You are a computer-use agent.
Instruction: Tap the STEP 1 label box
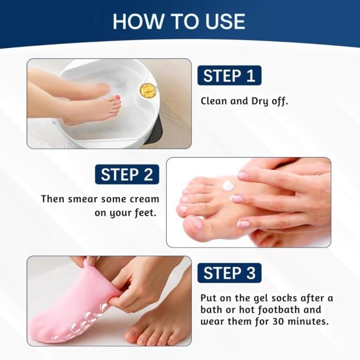229,76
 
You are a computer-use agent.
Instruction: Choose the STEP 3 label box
229,273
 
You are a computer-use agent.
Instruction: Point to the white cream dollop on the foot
228,185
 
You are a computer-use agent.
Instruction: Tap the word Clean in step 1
214,101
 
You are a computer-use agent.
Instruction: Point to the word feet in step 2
145,212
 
